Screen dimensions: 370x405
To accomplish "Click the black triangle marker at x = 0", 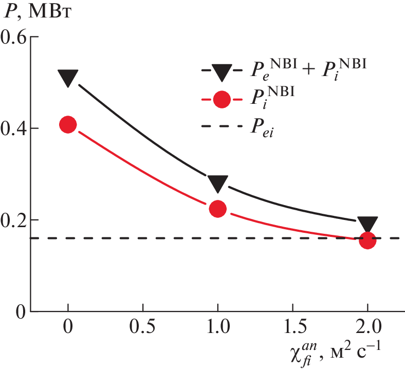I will [68, 78].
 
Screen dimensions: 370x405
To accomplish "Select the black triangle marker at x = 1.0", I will [218, 182].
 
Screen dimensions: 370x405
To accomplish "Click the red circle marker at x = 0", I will [68, 124].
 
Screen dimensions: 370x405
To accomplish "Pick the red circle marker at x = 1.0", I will [218, 208].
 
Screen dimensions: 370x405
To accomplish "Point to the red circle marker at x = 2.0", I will [367, 239].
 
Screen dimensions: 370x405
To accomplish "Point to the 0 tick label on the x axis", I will [68, 328].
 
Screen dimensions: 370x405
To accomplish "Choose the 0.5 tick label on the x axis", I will [143, 328].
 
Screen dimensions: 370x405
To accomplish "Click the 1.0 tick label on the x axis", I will [218, 328].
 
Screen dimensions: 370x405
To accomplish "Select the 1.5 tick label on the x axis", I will [292, 328].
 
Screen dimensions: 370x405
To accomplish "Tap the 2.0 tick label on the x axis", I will [367, 328].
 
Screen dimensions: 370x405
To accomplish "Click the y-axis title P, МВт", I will [36, 11].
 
